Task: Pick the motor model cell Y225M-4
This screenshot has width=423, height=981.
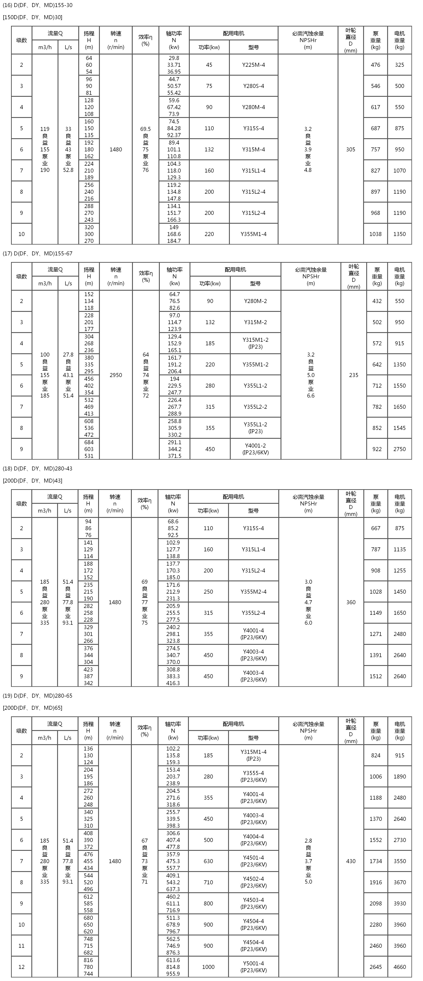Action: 254,65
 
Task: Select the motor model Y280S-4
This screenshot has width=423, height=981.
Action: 254,86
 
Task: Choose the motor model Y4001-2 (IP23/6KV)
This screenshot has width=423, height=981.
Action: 256,449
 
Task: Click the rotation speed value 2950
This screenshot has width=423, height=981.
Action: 116,375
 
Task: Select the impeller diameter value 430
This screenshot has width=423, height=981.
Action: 351,861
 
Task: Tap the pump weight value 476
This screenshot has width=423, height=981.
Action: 375,65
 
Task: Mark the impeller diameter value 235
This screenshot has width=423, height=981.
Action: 354,375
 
